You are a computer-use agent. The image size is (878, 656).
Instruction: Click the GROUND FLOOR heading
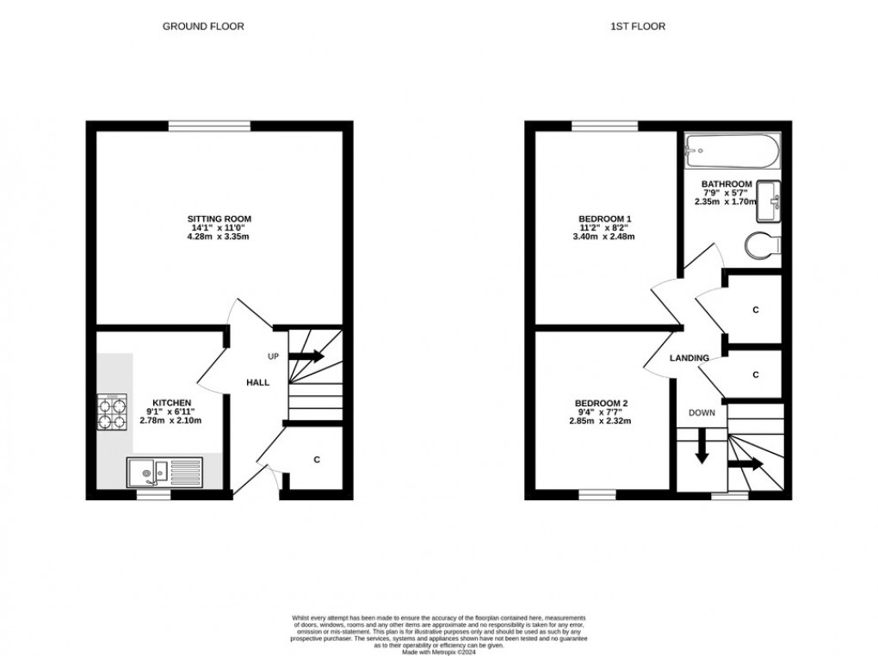click(x=203, y=27)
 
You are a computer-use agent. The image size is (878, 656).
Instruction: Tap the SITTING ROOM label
click(x=222, y=219)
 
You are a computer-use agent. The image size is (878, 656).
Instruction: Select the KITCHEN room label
click(x=172, y=403)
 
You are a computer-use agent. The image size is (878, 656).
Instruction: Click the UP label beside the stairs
click(x=273, y=356)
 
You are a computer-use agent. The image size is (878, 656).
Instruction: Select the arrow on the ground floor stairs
click(x=307, y=356)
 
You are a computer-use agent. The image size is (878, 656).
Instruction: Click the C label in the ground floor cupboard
click(x=317, y=461)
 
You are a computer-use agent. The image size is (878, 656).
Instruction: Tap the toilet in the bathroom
click(x=762, y=244)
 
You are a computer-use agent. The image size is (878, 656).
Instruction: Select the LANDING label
click(x=689, y=358)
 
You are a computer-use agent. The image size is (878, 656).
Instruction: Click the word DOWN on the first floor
click(x=702, y=412)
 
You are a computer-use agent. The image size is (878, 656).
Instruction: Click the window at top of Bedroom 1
click(x=605, y=127)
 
